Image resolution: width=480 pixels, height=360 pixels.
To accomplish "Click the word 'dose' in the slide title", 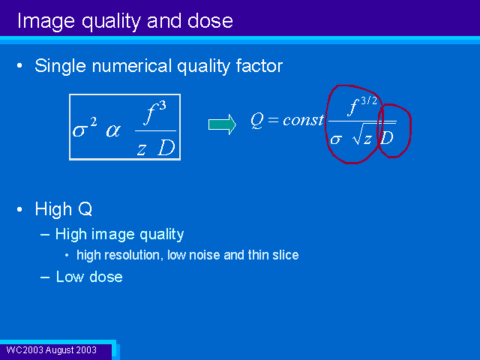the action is click(x=210, y=21).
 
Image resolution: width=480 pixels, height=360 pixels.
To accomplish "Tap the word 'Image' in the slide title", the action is click(x=46, y=22).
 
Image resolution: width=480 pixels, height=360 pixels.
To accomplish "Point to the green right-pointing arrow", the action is click(x=222, y=124).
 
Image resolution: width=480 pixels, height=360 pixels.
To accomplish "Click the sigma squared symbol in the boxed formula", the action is click(x=85, y=128).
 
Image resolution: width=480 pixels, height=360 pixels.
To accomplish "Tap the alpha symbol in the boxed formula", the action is click(x=113, y=131).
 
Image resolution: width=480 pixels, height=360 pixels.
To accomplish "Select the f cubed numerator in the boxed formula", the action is click(x=155, y=113).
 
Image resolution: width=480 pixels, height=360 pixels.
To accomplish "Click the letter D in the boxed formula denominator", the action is click(x=166, y=148).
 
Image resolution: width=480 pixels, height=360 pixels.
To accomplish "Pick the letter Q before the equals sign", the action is click(x=257, y=120).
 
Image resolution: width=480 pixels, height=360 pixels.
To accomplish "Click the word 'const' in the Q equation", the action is click(x=303, y=120).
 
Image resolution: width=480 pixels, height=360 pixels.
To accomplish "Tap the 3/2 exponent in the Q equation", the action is click(x=369, y=100).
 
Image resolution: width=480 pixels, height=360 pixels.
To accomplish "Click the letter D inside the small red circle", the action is click(x=387, y=138).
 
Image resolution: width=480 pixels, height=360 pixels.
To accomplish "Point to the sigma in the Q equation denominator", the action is click(x=336, y=139).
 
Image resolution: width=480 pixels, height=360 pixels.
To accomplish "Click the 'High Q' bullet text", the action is click(x=63, y=209).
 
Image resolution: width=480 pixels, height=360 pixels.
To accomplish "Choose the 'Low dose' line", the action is click(x=89, y=277).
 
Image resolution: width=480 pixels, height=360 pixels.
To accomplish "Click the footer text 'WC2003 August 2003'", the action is click(x=52, y=350).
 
